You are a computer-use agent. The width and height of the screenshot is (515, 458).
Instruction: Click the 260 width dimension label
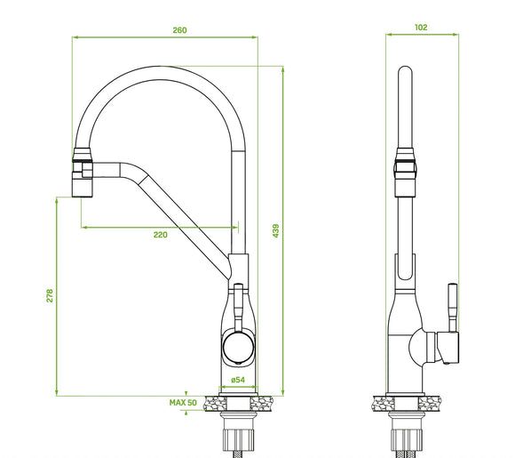tap(179, 30)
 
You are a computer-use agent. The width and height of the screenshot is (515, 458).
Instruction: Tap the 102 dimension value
tap(421, 28)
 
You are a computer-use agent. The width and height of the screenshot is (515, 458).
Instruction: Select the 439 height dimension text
tap(276, 230)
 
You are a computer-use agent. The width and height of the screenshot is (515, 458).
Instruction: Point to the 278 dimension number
tap(50, 295)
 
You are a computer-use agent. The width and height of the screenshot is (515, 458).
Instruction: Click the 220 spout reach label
tap(161, 235)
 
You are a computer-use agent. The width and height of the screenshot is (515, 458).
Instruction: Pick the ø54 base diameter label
tap(238, 380)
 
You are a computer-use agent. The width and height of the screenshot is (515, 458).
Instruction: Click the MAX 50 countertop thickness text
tap(183, 402)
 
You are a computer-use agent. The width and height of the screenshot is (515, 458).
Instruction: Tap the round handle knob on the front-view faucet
tap(239, 347)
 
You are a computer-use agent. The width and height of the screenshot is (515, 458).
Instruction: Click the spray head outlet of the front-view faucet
tap(82, 187)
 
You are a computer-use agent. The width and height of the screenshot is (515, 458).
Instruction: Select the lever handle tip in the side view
tap(453, 285)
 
